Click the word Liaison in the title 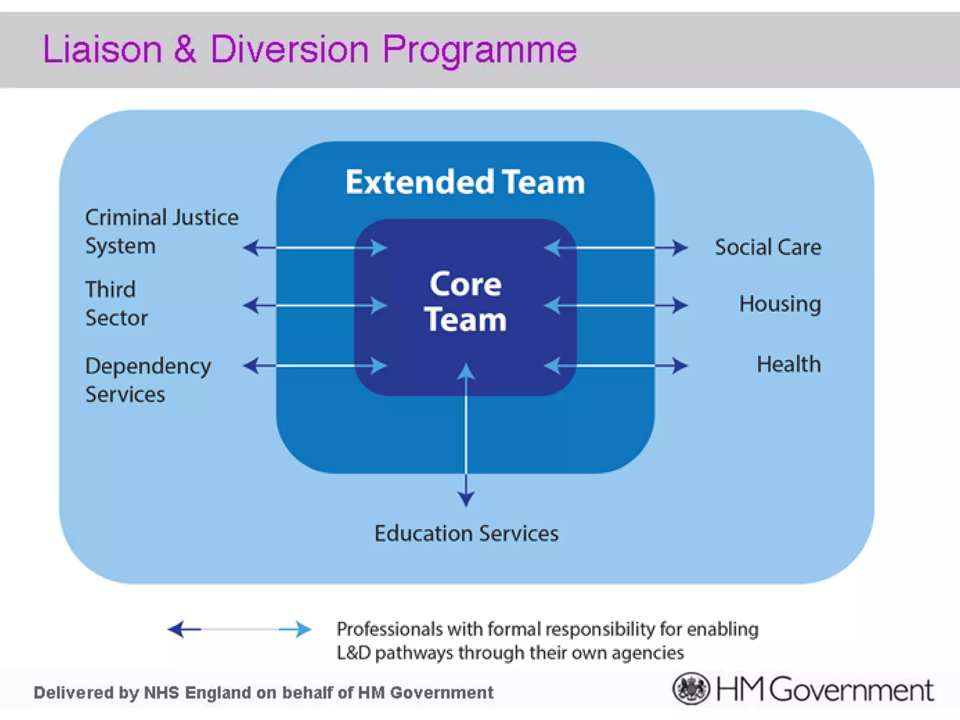point(102,49)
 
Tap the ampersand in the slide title point(186,49)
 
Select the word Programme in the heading point(480,49)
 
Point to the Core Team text point(465,301)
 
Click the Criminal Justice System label point(161,232)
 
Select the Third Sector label point(116,303)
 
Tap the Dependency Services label point(148,380)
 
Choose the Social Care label point(768,247)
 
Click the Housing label point(780,304)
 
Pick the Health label point(788,364)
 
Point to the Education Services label point(466,533)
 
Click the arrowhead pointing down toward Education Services point(465,498)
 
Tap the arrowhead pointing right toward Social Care point(679,247)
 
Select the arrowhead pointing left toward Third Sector point(251,306)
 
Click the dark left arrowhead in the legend point(178,629)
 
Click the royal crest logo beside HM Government point(691,689)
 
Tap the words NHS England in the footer point(197,693)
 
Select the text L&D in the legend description point(353,653)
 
